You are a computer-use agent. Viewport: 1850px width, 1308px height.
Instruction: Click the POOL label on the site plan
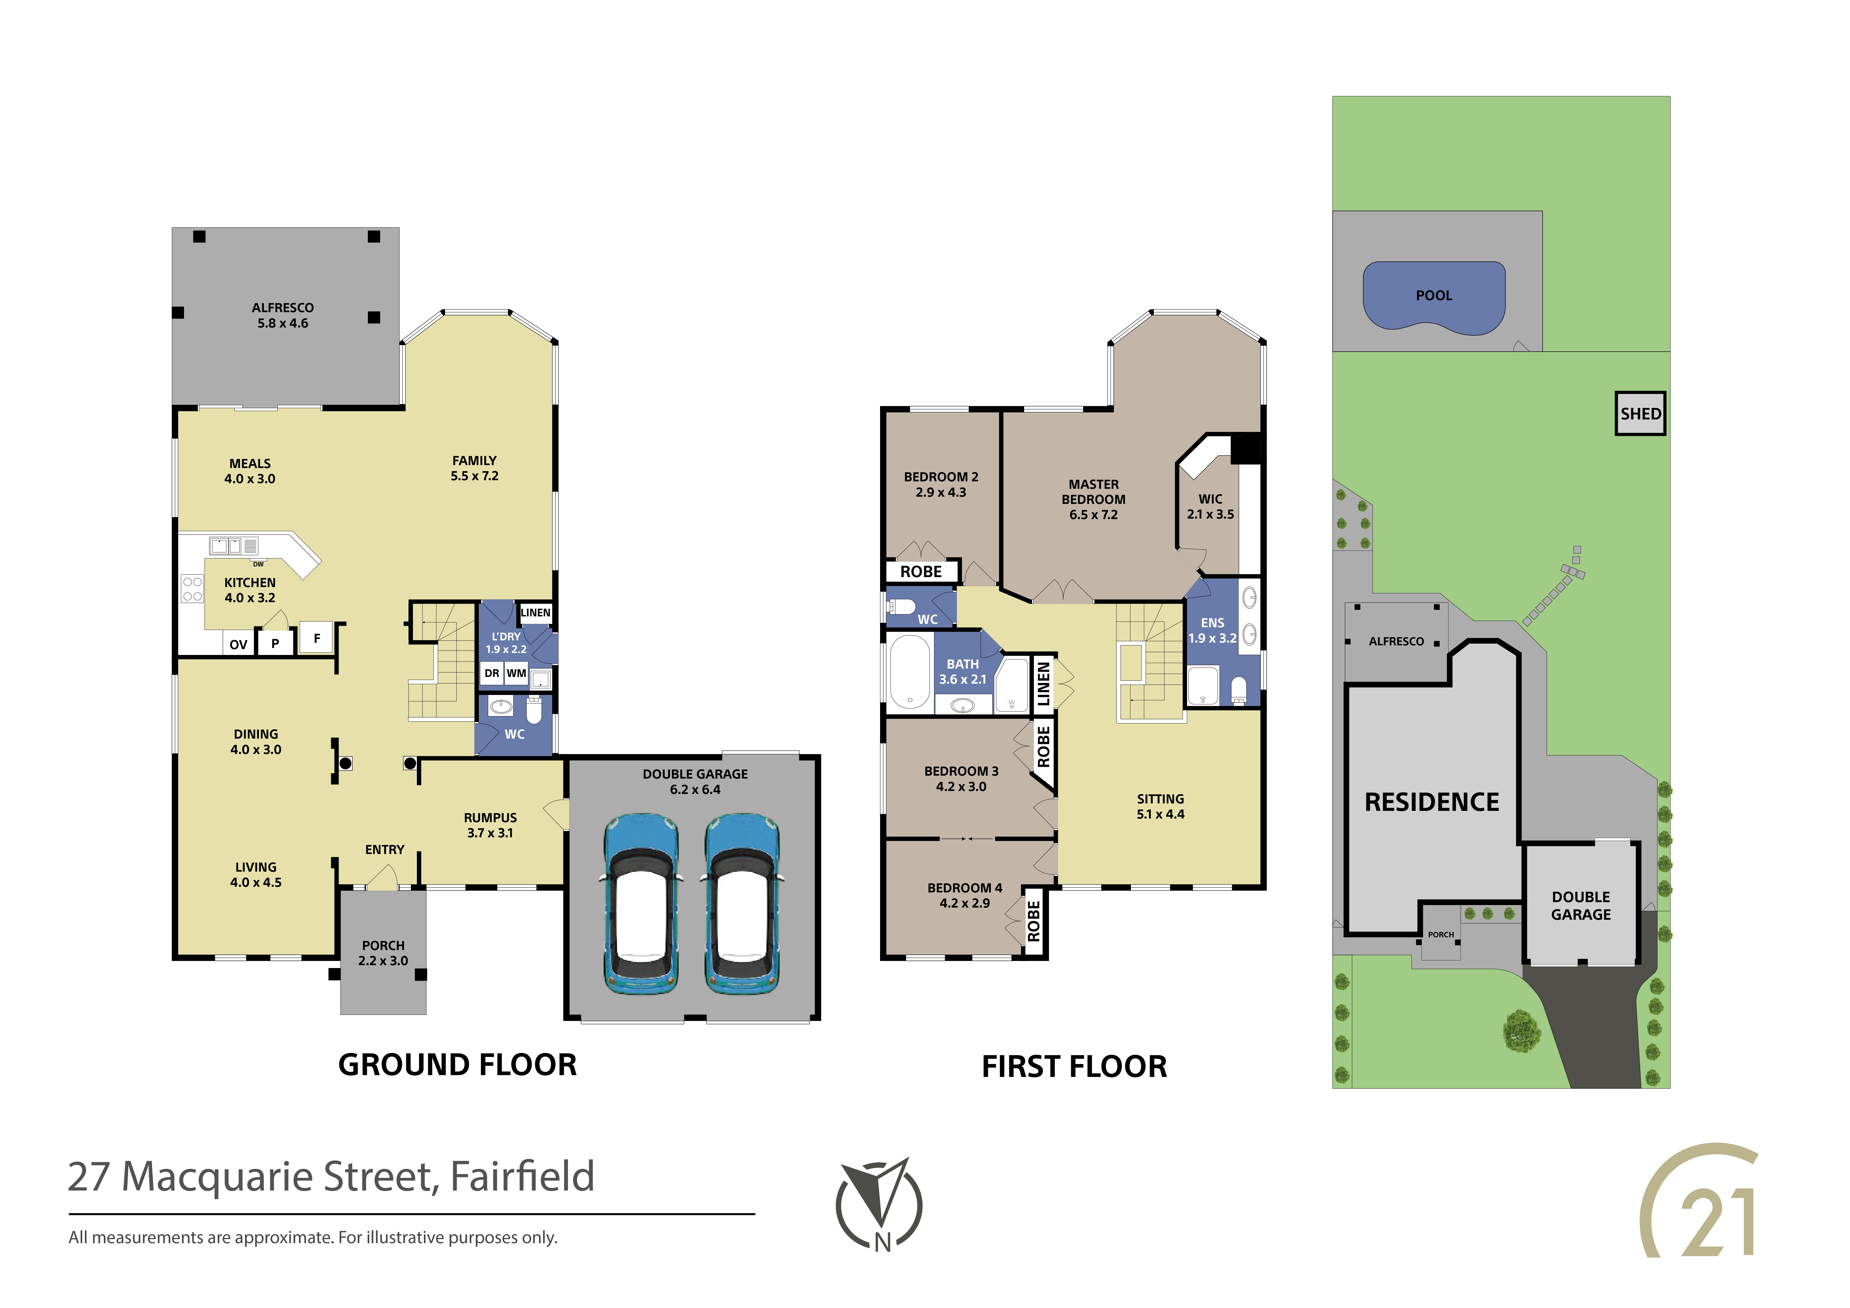coord(1434,296)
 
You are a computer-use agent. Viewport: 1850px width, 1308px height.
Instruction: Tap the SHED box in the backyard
coord(1640,413)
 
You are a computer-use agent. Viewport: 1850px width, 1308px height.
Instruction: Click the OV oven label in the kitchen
coord(238,644)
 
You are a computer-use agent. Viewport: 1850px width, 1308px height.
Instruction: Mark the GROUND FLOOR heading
coord(458,1065)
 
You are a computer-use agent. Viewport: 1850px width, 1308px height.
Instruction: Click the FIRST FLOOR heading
coord(1074,1066)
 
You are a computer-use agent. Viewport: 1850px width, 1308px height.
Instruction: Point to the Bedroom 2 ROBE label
coord(921,571)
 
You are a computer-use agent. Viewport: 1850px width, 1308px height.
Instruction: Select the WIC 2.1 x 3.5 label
coord(1210,506)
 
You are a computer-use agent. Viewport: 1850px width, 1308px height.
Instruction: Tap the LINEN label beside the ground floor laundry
coord(535,613)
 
